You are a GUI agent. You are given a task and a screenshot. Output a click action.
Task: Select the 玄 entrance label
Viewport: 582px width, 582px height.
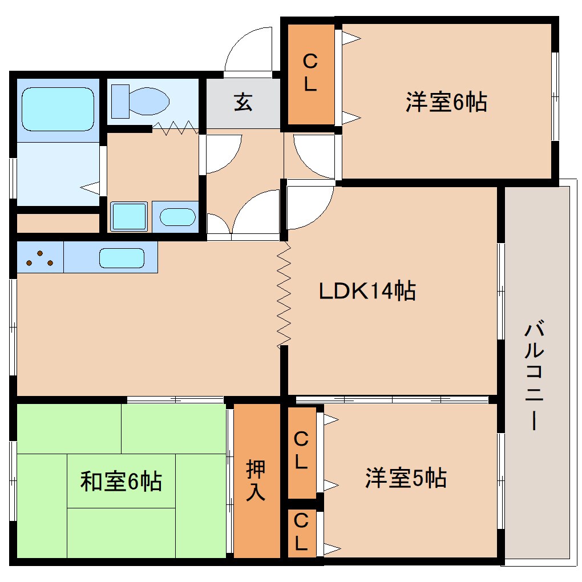242,103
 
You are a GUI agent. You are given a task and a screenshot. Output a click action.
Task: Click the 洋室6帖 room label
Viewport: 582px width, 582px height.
446,103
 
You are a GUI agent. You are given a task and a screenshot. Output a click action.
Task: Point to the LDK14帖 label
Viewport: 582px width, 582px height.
367,292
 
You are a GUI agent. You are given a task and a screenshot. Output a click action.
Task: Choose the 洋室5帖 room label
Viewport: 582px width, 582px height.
406,478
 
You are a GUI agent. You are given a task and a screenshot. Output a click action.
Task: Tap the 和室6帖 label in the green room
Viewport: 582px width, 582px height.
121,481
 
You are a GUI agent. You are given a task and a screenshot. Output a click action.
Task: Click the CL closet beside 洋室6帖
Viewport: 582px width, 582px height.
310,73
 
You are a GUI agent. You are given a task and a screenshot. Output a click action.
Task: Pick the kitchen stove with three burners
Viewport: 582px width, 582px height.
39,258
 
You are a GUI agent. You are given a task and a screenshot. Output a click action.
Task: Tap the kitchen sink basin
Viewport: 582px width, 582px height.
121,258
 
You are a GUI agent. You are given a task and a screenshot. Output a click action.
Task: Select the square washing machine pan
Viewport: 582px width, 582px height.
128,217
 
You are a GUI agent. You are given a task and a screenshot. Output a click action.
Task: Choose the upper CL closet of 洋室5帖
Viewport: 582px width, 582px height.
301,451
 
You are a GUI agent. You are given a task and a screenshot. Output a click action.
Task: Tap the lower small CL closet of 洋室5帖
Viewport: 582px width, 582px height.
301,533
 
